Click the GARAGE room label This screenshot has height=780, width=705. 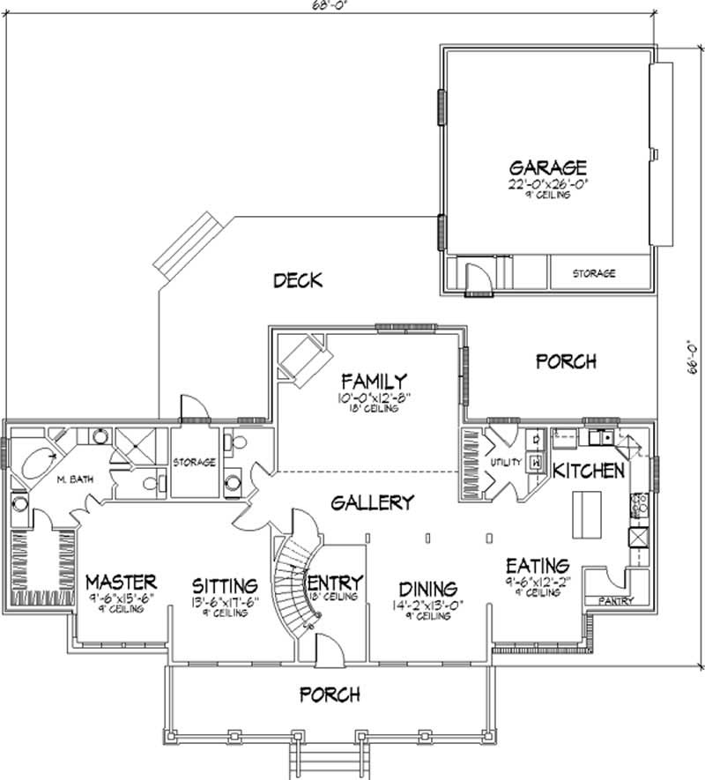point(548,167)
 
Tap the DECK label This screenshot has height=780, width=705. point(297,281)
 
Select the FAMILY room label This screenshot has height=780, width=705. point(375,382)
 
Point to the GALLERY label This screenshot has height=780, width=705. point(372,502)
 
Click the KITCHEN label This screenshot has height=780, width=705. point(588,471)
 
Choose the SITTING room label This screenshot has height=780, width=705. point(226,585)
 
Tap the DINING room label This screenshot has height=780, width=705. point(427,588)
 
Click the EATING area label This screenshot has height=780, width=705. point(537,565)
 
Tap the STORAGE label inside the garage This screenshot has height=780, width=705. point(593,274)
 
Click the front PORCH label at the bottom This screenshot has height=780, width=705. point(330,695)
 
